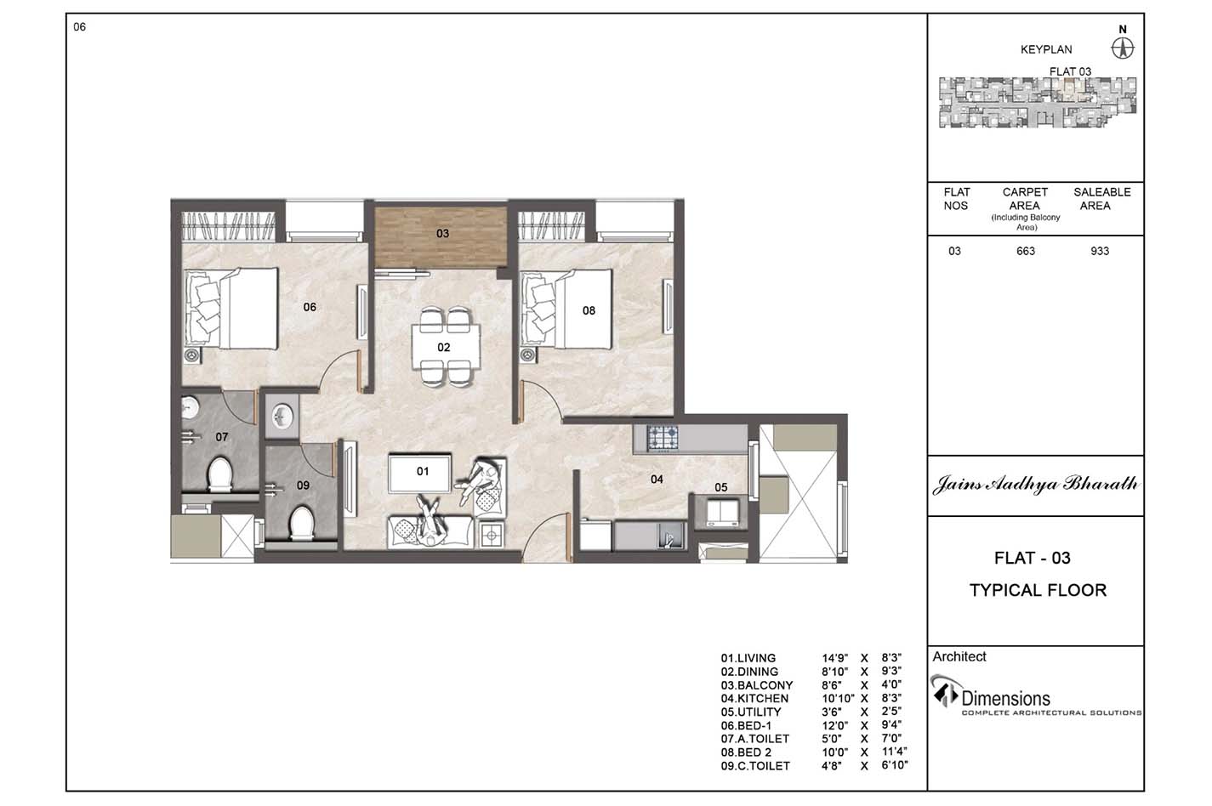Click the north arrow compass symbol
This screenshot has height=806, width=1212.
click(x=1123, y=49)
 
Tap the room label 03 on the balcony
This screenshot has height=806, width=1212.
click(x=442, y=234)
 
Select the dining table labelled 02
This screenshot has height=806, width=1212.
click(x=446, y=347)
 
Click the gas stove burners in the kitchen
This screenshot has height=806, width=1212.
click(x=663, y=438)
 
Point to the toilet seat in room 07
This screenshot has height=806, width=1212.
click(x=219, y=474)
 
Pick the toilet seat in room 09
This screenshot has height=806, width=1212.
click(x=301, y=523)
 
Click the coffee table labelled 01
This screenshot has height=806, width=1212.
click(x=419, y=473)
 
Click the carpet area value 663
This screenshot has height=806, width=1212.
click(x=1026, y=251)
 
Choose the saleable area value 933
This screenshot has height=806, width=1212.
click(x=1100, y=251)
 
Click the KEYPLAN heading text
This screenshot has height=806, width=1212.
click(x=1046, y=50)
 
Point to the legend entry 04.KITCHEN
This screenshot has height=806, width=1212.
click(x=754, y=698)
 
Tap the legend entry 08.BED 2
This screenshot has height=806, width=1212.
click(x=746, y=752)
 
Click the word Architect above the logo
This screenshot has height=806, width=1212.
click(x=959, y=656)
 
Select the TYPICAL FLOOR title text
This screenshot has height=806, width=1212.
click(x=1038, y=590)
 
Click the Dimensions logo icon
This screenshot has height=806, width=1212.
click(x=945, y=690)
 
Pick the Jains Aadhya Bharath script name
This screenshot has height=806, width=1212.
click(x=1036, y=484)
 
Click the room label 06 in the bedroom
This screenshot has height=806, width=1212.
click(x=310, y=307)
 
